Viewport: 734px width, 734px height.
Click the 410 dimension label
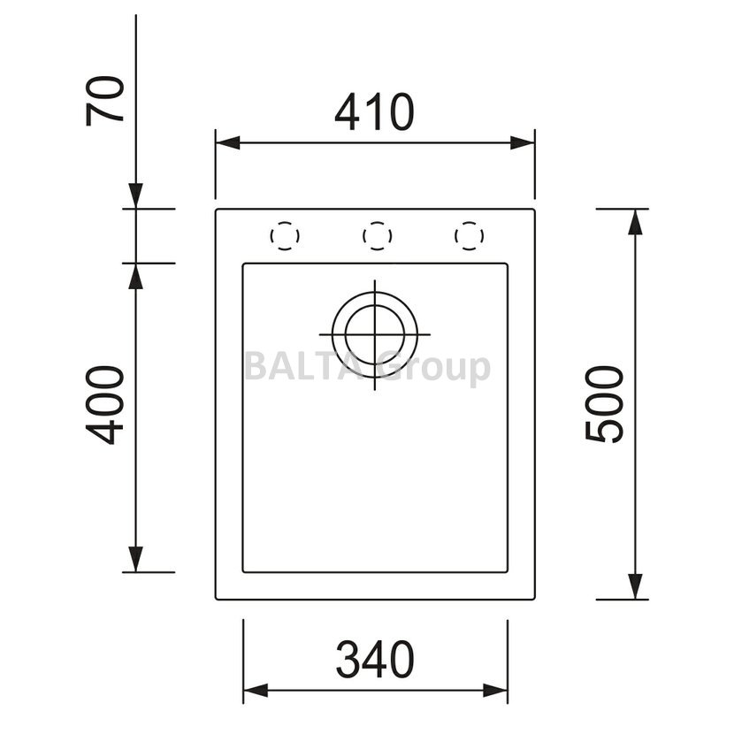(x=374, y=112)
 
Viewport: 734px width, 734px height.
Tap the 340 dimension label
(x=375, y=660)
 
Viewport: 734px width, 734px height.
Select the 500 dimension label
(x=604, y=404)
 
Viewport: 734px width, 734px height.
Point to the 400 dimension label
(x=105, y=405)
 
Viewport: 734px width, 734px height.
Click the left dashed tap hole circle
(x=285, y=235)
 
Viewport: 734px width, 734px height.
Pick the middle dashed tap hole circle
(x=377, y=235)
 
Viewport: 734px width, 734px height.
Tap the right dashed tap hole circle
(x=469, y=235)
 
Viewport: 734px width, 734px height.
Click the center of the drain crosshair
(x=374, y=334)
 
